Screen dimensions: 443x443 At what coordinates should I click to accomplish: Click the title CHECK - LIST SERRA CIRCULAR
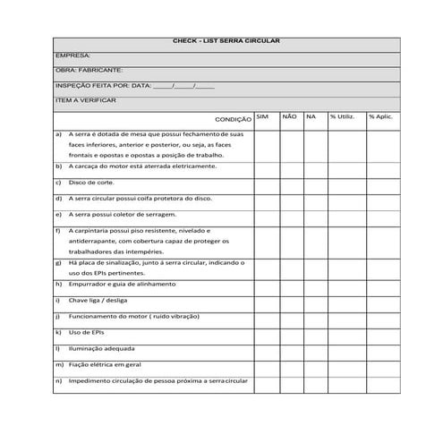[x=226, y=42]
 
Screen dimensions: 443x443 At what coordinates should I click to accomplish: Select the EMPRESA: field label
[x=72, y=55]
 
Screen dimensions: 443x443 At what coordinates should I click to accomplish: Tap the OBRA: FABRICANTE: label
[x=89, y=70]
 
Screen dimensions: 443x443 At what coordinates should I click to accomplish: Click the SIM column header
[x=261, y=116]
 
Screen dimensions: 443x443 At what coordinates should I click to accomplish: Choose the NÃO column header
[x=288, y=116]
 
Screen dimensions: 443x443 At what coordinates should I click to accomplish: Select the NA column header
[x=311, y=116]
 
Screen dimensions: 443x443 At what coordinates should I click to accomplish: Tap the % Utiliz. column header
[x=342, y=116]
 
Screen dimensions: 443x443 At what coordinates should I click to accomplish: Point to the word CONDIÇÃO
[x=234, y=119]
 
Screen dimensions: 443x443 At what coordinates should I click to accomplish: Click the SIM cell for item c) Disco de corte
[x=266, y=183]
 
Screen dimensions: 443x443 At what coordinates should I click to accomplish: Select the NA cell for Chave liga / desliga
[x=313, y=300]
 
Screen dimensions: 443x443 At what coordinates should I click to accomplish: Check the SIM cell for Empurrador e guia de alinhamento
[x=266, y=284]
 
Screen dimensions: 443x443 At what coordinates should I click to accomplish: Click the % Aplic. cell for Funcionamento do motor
[x=380, y=316]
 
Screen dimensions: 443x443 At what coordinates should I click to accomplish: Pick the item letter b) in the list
[x=58, y=166]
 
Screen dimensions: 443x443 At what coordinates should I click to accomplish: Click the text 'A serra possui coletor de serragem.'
[x=123, y=215]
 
